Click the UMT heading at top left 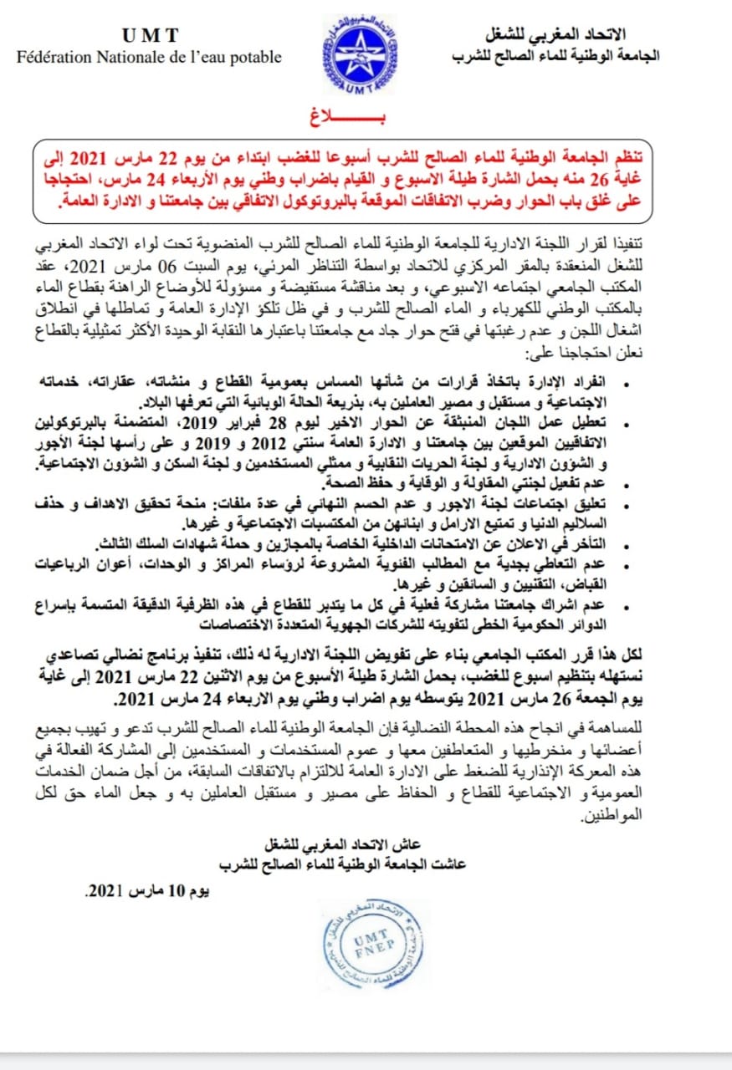coord(151,35)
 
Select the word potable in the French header coord(253,57)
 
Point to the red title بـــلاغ coord(366,115)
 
